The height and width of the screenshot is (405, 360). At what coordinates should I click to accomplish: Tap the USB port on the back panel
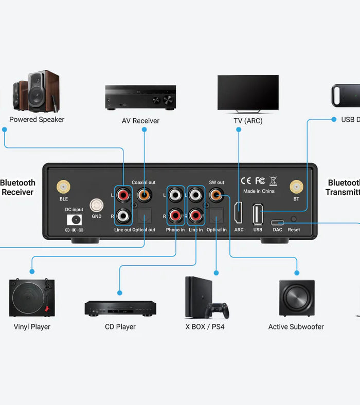258,213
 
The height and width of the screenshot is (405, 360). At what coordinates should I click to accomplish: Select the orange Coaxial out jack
143,195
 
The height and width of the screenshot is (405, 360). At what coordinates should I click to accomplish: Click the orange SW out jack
216,195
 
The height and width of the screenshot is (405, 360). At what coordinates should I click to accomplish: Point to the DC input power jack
75,219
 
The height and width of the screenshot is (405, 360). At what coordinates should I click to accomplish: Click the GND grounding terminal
96,206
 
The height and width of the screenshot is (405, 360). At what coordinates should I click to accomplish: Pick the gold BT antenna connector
296,187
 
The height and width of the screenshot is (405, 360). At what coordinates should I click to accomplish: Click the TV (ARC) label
248,121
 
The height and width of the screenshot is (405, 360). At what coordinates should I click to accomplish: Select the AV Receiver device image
140,97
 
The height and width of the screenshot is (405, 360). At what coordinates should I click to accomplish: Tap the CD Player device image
120,308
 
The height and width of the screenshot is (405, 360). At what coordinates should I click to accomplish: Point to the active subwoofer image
297,299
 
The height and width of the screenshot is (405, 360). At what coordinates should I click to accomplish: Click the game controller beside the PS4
218,310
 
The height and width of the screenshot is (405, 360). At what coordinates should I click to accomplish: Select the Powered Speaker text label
37,119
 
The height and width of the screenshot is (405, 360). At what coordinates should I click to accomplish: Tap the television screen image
248,93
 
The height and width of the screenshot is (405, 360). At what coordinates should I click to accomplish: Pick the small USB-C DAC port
277,223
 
